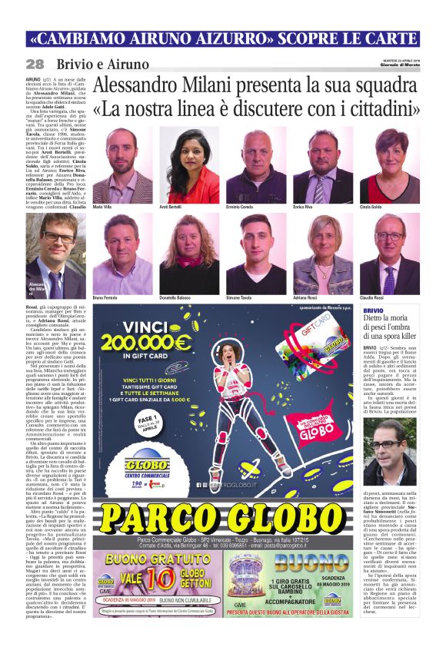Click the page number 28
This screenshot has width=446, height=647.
pyautogui.click(x=35, y=64)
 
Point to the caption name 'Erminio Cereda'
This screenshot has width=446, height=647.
pyautogui.click(x=244, y=207)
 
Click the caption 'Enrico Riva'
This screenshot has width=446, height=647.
pyautogui.click(x=305, y=207)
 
